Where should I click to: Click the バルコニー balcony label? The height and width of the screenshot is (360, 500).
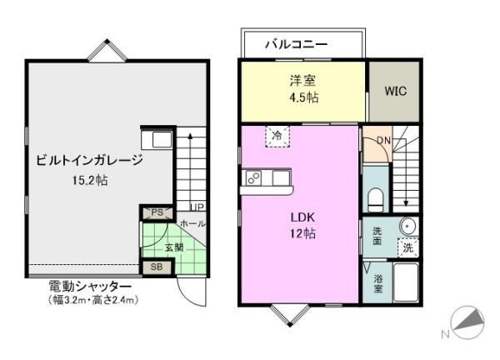coord(297,43)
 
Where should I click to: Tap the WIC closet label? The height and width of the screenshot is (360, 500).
coord(395,92)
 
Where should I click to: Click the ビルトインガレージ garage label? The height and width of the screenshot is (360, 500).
coord(89,162)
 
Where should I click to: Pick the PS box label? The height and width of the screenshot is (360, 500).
coord(157,213)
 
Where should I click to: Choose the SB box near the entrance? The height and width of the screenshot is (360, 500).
coord(156,267)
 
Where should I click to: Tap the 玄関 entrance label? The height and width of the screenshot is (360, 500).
coord(173,247)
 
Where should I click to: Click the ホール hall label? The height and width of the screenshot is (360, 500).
coord(192,223)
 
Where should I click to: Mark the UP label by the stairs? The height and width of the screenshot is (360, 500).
coord(197,207)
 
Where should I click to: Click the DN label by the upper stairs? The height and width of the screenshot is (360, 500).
coord(382,140)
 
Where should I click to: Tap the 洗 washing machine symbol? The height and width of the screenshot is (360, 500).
coord(407,247)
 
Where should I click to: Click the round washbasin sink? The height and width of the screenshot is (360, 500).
coord(407,226)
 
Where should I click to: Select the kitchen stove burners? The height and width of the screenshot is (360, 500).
coord(254,177)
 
